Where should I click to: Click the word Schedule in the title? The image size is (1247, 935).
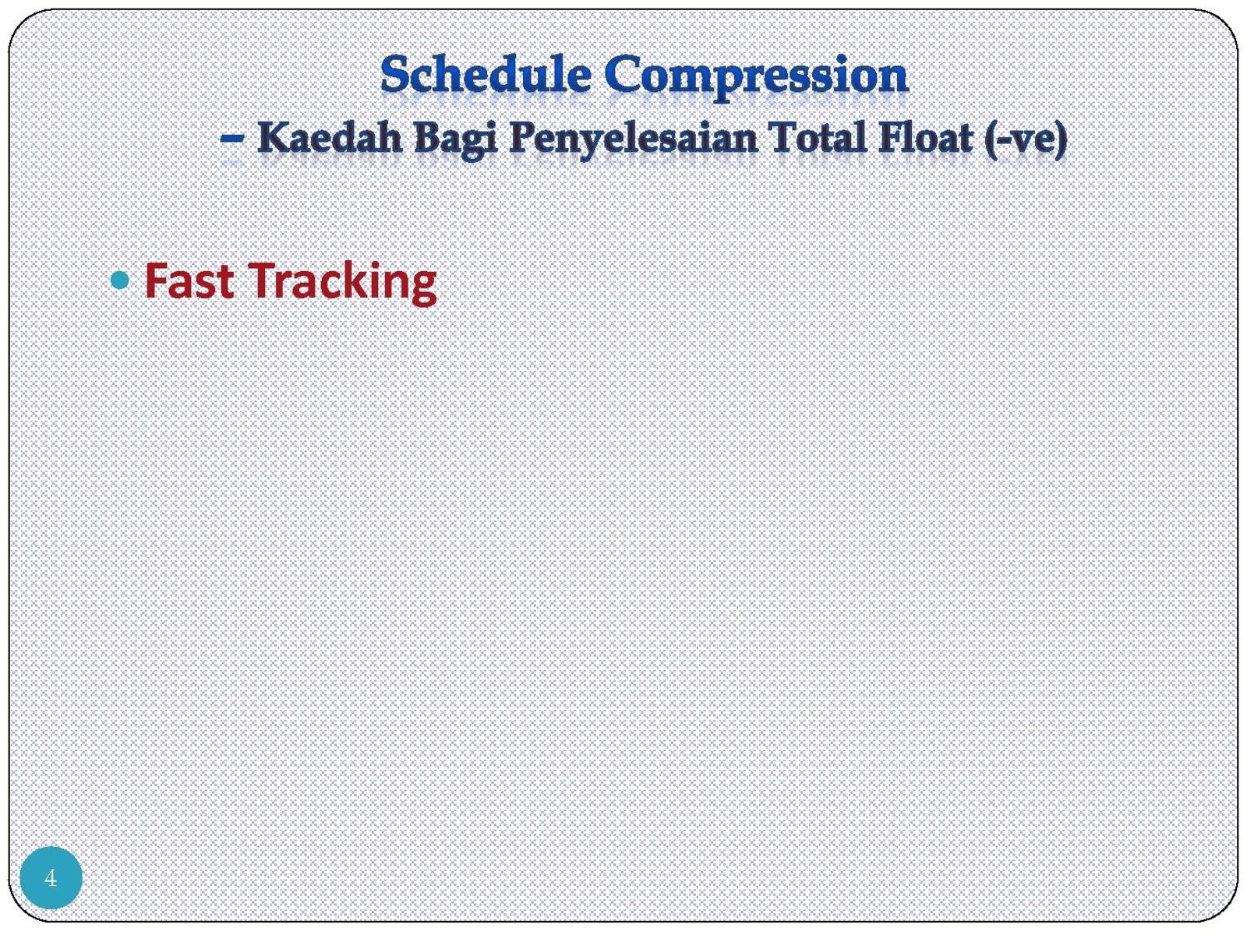(486, 76)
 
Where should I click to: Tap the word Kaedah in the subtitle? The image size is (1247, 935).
(330, 138)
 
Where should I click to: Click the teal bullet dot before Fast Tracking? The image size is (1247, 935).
(120, 280)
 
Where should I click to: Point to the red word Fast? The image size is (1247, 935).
(189, 280)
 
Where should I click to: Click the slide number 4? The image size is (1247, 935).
(51, 878)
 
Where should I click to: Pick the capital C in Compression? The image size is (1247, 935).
(621, 76)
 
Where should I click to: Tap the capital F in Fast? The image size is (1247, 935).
(156, 280)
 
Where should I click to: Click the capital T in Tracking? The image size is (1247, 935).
(263, 280)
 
